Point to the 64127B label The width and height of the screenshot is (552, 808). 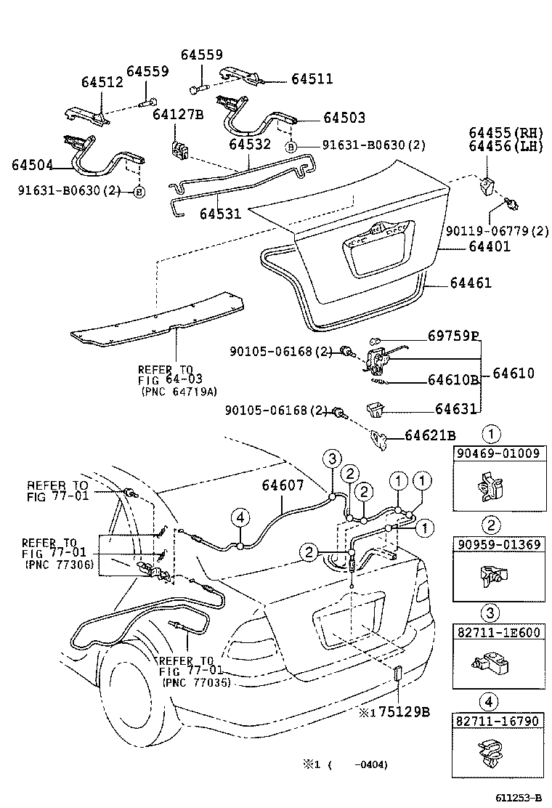(178, 114)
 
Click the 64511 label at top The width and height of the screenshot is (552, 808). (312, 78)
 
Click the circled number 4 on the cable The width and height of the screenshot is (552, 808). (240, 517)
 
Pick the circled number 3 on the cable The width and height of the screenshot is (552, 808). (331, 458)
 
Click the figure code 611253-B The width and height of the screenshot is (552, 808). (517, 798)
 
